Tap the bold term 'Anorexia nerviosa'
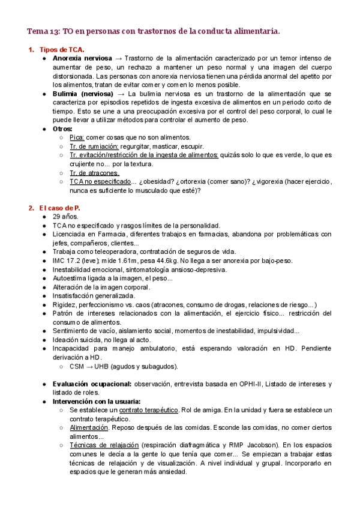82,58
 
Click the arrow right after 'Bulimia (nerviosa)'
121,94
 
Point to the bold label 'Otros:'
62,128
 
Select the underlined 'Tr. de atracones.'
94,173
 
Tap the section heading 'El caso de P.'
61,208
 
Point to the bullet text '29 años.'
65,217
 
